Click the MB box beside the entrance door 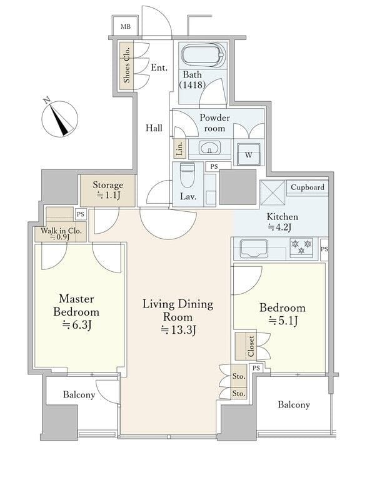[125, 26]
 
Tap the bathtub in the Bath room [203, 56]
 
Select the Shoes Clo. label [126, 65]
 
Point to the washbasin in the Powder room [209, 148]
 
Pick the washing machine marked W [248, 154]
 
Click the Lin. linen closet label [180, 148]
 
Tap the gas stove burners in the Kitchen [301, 247]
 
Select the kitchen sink [254, 248]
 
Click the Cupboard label [308, 187]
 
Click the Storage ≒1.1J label [108, 190]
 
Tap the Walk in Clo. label [61, 234]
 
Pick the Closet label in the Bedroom [251, 346]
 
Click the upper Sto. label [239, 376]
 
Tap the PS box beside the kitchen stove [324, 249]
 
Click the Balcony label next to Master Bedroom [79, 395]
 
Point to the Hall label [154, 128]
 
